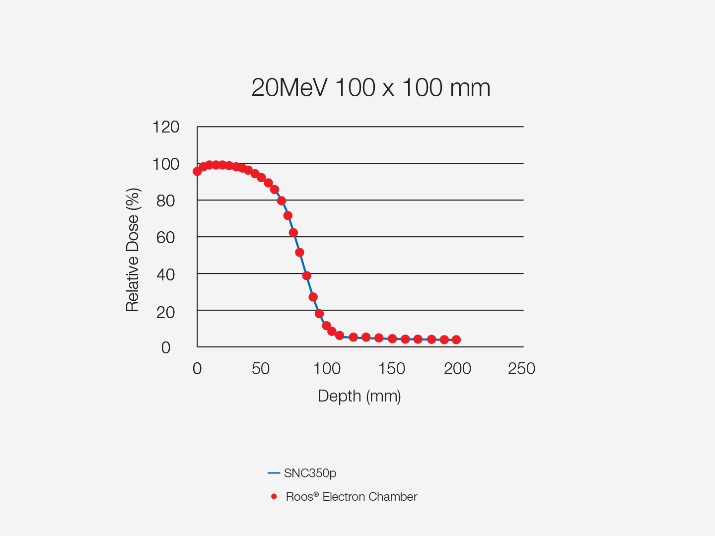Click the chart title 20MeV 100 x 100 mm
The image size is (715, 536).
coord(370,88)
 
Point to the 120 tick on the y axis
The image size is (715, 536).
coord(166,127)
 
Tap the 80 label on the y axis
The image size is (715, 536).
coord(166,201)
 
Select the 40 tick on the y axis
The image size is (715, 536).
coord(166,274)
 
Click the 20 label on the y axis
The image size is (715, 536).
coord(166,312)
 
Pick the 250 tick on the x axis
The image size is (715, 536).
coord(521,369)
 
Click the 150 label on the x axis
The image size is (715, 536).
coord(392,369)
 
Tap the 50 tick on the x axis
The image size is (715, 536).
coord(261,369)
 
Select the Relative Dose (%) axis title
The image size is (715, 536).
coord(133,250)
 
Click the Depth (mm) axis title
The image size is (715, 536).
coord(359,396)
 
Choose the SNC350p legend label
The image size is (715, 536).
coord(310,473)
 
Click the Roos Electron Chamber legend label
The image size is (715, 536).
coord(352,497)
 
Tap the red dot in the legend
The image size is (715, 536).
coord(274,496)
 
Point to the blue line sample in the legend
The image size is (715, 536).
coord(274,473)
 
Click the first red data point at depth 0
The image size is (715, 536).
coord(197,171)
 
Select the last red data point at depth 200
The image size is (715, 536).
coord(456,339)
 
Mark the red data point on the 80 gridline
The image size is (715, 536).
coord(282,201)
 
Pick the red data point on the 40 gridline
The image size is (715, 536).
coord(306,275)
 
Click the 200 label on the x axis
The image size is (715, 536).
coord(457,369)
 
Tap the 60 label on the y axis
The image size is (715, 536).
coord(166,238)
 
